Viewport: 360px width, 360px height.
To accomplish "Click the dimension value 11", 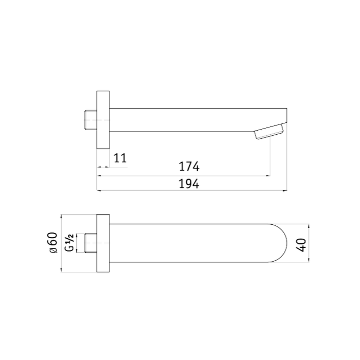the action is tap(120, 158).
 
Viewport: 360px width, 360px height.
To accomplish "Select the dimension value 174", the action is tap(189, 166).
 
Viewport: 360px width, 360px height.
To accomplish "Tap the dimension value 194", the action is tap(189, 184).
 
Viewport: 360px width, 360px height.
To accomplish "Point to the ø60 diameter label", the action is tap(53, 243).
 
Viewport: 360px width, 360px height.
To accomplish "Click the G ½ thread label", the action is tap(69, 243).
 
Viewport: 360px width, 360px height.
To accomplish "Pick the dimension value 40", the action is tap(301, 245).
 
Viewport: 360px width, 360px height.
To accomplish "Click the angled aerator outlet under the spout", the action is tap(269, 131).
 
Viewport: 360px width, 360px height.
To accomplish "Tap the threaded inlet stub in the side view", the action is tap(91, 120).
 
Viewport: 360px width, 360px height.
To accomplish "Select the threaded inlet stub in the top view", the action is tap(91, 243).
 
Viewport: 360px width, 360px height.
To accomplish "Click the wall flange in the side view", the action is tap(103, 120).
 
